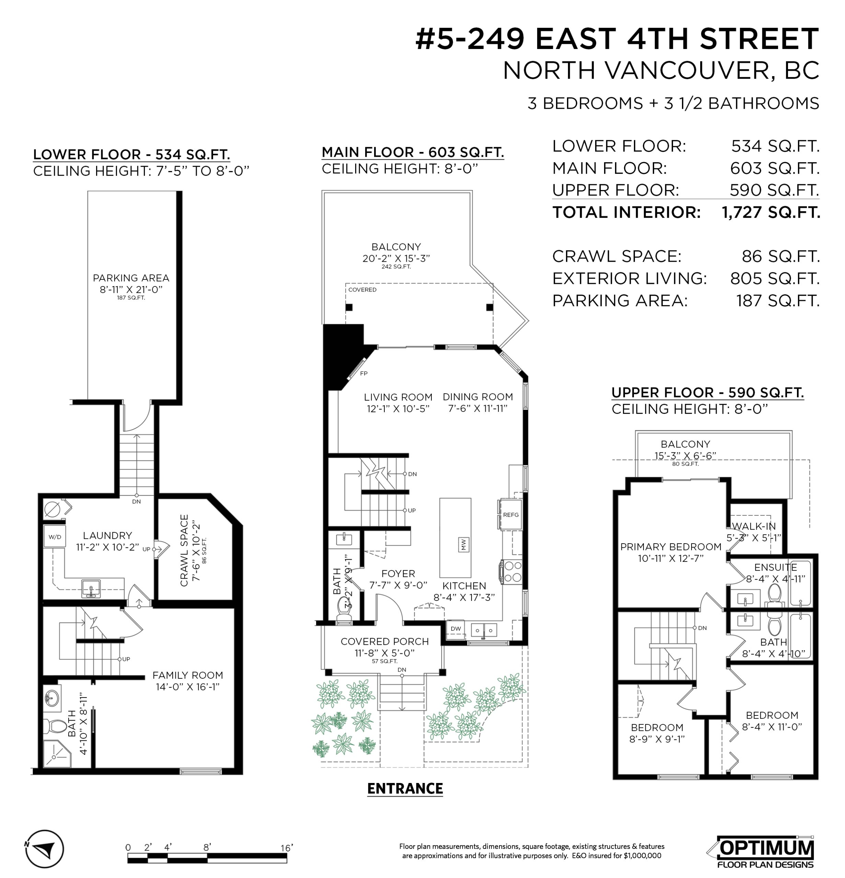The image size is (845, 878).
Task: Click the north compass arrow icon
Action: tap(44, 849)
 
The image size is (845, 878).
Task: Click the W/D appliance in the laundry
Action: tap(55, 537)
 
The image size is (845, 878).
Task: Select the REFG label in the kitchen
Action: tap(511, 515)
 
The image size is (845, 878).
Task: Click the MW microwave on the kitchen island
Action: tap(464, 544)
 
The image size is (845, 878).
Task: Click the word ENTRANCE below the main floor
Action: tap(405, 788)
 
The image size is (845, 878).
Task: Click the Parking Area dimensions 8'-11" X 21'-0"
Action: tap(131, 289)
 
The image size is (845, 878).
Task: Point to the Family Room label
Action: tap(187, 675)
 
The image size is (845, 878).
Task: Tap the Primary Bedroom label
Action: tap(671, 546)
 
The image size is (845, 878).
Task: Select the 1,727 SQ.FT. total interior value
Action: tap(771, 212)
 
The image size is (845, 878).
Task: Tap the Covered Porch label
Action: tap(385, 641)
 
